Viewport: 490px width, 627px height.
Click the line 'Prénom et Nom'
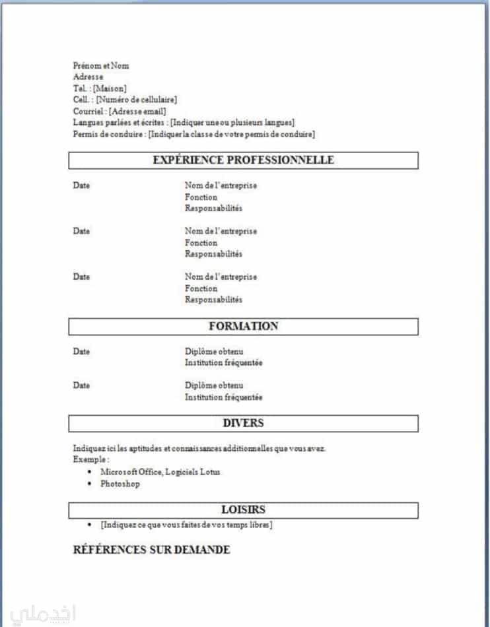pos(101,65)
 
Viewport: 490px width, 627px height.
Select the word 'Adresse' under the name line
pos(88,77)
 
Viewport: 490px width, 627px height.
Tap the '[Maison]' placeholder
pos(110,88)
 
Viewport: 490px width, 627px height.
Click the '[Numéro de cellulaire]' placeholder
pos(136,100)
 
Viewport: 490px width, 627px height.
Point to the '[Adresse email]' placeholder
pos(137,112)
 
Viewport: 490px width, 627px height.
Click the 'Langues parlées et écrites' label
pos(120,123)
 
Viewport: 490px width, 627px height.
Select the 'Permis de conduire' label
pos(108,135)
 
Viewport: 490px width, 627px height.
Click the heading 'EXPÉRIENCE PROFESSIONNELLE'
pos(243,160)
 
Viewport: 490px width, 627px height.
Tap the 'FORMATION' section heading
pos(243,326)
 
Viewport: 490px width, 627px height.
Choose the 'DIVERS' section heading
pos(243,423)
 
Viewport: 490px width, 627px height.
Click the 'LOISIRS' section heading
pos(243,510)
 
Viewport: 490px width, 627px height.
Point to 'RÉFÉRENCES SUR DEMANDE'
pos(151,550)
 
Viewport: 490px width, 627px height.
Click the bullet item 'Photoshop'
pos(120,484)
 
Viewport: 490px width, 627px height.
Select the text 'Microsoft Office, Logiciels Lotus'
pos(160,472)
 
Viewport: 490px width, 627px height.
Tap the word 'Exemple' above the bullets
pos(90,459)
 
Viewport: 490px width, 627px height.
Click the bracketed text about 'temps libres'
pos(186,525)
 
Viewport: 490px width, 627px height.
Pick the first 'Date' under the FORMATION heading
pos(81,352)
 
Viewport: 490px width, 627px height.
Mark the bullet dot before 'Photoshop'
pos(90,484)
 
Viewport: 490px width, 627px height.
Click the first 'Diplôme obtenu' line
pos(214,352)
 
